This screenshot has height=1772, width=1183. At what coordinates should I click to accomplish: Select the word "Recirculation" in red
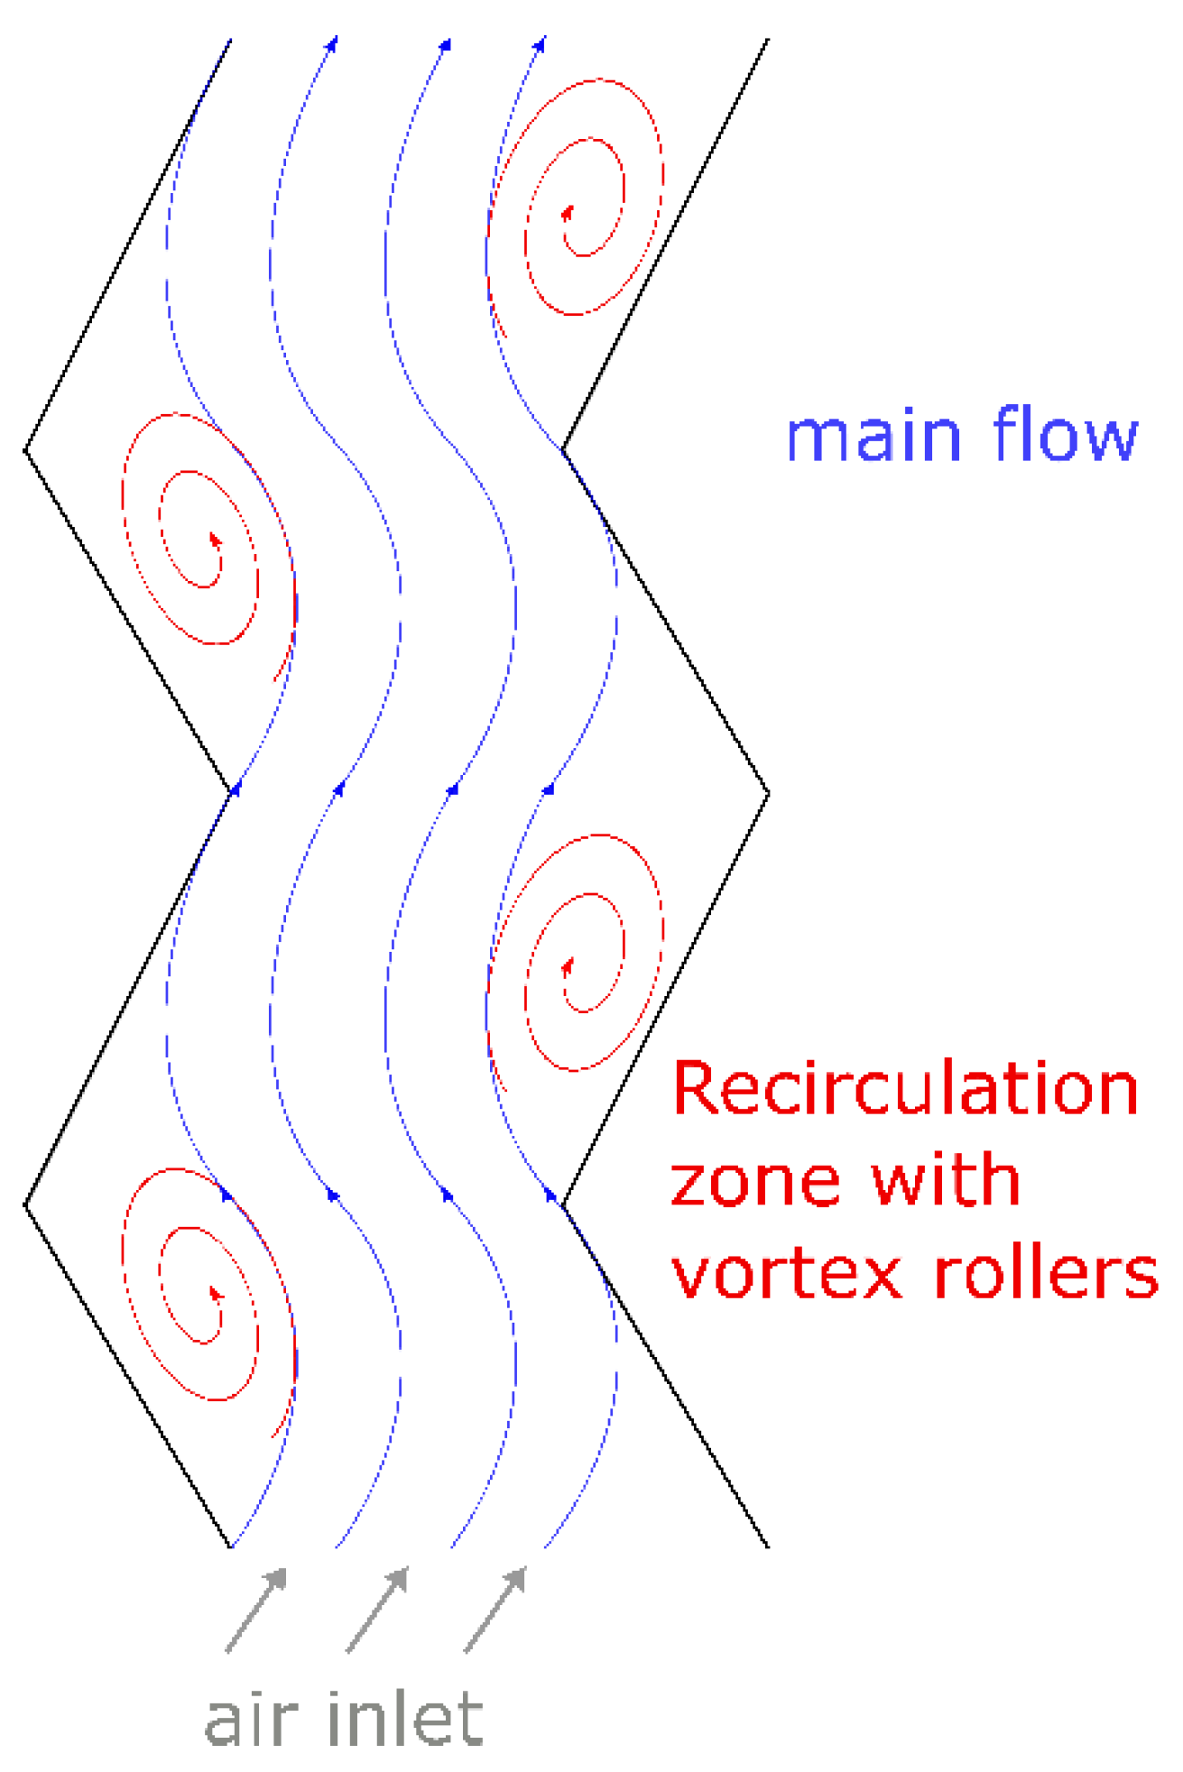(905, 1089)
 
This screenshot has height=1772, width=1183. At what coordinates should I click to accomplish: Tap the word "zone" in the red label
(753, 1182)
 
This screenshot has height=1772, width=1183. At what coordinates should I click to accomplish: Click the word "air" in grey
(252, 1720)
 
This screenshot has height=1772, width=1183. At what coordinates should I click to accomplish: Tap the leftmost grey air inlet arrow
(256, 1610)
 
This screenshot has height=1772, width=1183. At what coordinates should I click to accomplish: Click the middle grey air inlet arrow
(377, 1610)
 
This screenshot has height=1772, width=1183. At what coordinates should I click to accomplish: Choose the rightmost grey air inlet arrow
(495, 1610)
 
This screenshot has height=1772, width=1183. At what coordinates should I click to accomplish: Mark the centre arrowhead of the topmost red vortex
(568, 213)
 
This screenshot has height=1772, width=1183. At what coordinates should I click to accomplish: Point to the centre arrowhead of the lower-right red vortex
(568, 967)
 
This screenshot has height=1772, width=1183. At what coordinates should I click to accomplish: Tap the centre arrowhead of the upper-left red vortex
(216, 539)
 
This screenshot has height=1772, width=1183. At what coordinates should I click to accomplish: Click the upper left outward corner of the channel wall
(26, 449)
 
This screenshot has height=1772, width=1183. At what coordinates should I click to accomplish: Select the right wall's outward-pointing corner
(768, 794)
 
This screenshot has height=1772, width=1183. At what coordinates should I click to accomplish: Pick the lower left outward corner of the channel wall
(26, 1204)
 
